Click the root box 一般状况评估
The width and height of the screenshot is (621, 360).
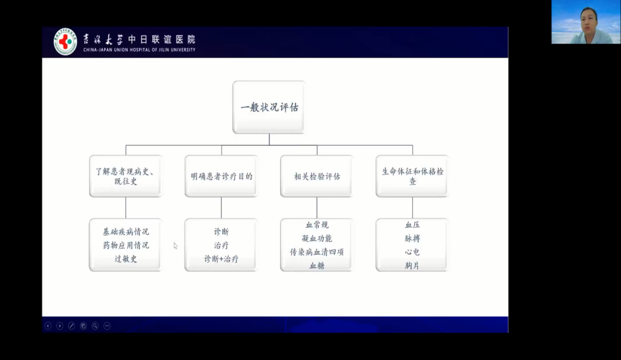pos(269,107)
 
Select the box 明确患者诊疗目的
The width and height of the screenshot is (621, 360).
pos(222,176)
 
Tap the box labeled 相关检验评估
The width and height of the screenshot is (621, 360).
pos(317,176)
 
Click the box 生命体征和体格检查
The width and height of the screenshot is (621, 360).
pos(412,176)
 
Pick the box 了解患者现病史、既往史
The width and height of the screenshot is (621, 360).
pos(126,176)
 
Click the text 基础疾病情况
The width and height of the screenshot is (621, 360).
pos(126,231)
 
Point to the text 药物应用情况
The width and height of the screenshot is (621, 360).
pos(126,245)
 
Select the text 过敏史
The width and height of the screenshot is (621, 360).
pos(126,259)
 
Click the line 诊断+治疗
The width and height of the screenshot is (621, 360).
pos(222,259)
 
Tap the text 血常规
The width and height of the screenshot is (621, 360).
pos(317,225)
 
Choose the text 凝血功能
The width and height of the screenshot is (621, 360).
pos(317,238)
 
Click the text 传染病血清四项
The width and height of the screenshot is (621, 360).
pos(317,252)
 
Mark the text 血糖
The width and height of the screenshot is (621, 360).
pos(317,266)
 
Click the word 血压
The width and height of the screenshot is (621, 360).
pos(412,225)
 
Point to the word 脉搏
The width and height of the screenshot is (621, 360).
pos(412,238)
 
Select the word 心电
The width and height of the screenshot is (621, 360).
pos(412,252)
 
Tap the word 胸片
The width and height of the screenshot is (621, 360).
pos(412,266)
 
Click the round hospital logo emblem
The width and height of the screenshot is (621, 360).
pos(65,41)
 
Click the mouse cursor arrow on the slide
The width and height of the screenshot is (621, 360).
pos(175,246)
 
